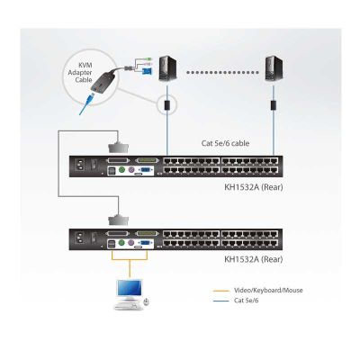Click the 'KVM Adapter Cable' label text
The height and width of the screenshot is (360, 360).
(80, 72)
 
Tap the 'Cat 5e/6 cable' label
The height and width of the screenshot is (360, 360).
(225, 143)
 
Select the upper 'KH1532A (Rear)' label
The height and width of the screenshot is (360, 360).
(254, 187)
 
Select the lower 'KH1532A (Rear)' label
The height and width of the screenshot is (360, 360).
(254, 259)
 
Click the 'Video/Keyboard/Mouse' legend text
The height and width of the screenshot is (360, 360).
(268, 290)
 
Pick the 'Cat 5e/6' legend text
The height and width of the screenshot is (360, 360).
(246, 301)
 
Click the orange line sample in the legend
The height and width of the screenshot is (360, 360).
(220, 291)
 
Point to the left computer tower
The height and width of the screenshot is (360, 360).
(167, 68)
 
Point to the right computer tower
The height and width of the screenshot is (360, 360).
(274, 69)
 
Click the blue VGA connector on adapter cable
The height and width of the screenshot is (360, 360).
(147, 71)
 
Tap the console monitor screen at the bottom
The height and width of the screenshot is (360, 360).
(130, 289)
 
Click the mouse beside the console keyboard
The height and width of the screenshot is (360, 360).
(146, 301)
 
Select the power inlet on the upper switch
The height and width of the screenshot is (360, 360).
(80, 166)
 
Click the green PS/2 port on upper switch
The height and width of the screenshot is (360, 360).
(121, 170)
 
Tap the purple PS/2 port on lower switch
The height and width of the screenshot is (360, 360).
(130, 243)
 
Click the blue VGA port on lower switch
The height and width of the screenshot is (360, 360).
(145, 243)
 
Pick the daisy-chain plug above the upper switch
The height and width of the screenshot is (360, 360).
(118, 148)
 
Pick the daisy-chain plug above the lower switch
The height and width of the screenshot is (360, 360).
(118, 220)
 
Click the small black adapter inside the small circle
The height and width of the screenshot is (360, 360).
(167, 104)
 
